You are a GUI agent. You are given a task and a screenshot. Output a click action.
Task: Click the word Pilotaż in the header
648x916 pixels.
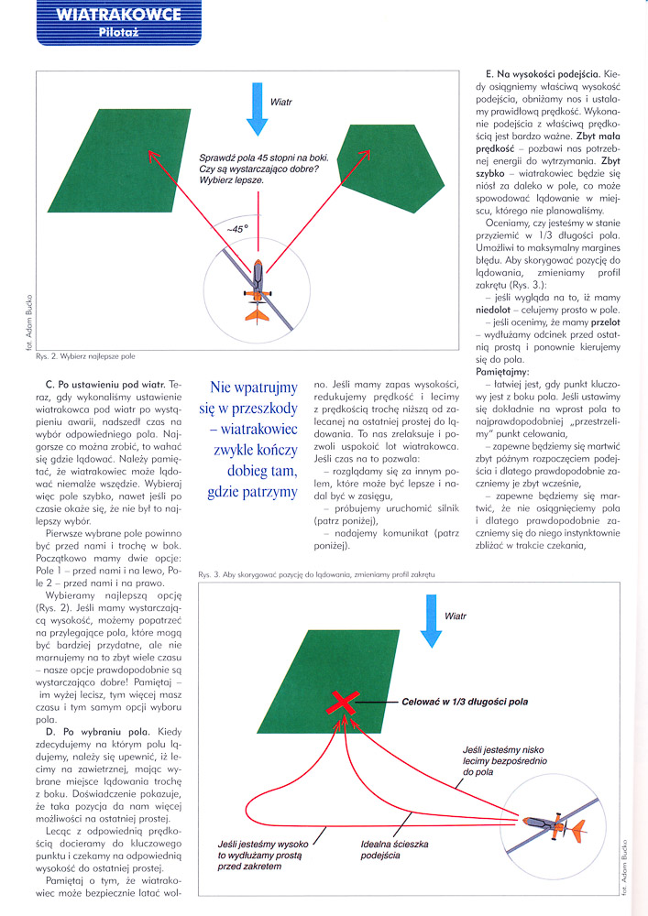point(117,33)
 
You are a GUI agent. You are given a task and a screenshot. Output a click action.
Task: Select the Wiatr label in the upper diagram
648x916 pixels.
point(281,101)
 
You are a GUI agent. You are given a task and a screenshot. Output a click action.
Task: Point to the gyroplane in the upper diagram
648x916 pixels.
point(258,287)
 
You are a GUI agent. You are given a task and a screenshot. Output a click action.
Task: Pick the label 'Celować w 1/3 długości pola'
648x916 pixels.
point(465,703)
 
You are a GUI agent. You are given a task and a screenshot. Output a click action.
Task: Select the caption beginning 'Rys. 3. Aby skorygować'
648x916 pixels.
point(314,572)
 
